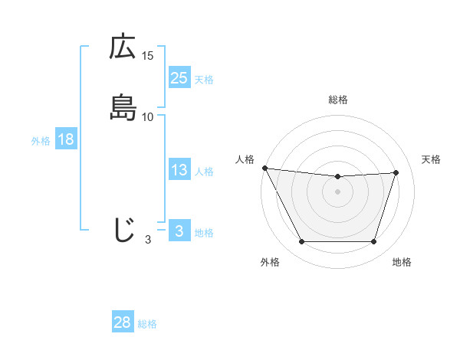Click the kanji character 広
[x=123, y=47]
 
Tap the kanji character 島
[x=123, y=108]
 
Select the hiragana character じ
[x=123, y=230]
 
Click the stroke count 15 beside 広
[x=148, y=56]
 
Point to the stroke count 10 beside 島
[x=148, y=116]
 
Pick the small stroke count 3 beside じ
[x=148, y=240]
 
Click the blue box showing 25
[x=179, y=77]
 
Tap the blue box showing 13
[x=179, y=170]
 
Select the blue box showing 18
[x=65, y=139]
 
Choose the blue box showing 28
[x=123, y=322]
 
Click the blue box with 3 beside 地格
[x=179, y=231]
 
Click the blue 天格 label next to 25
[x=204, y=79]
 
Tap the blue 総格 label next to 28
[x=147, y=324]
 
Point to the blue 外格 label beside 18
[x=41, y=141]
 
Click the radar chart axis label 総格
[x=338, y=100]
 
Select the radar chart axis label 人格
[x=245, y=159]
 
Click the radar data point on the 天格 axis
[x=396, y=172]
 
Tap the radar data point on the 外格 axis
[x=301, y=242]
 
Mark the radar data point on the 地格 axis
[x=374, y=242]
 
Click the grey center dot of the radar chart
[x=338, y=191]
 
